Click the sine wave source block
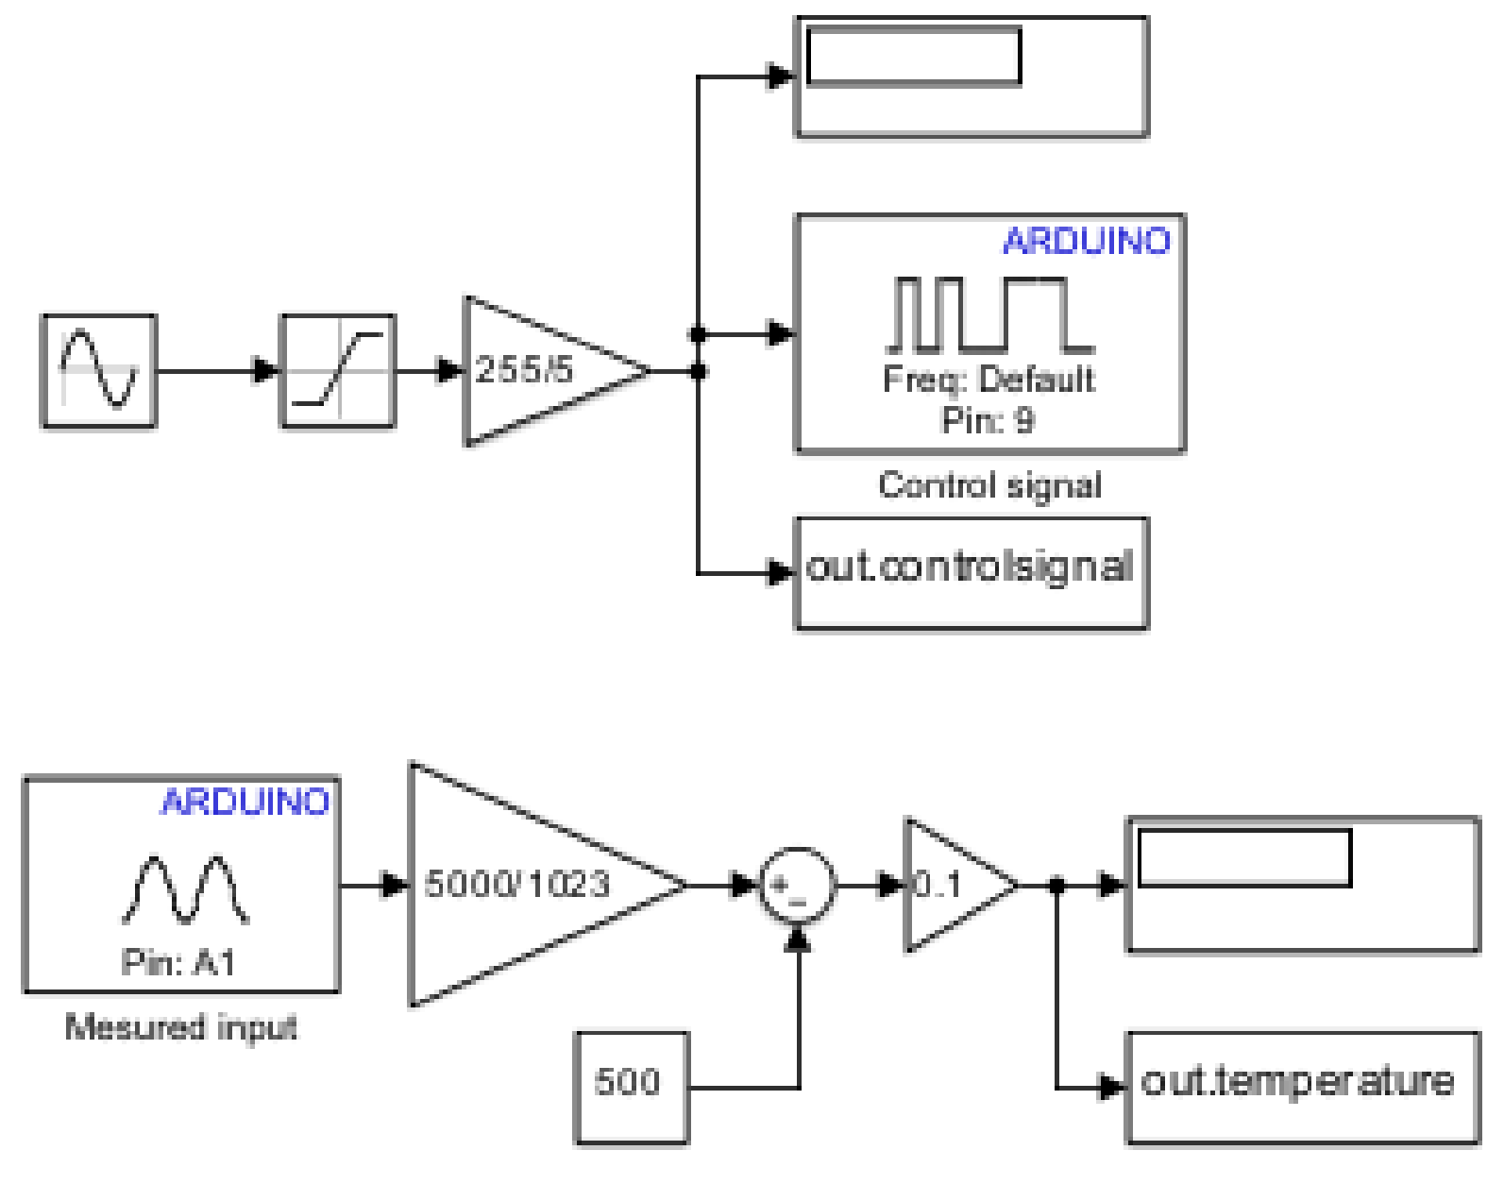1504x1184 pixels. coord(99,371)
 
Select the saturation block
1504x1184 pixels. coord(338,371)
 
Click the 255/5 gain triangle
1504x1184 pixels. coord(543,371)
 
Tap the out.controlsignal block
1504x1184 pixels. coord(972,572)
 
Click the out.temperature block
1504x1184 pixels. coord(1303,1088)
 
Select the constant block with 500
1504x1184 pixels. coord(632,1088)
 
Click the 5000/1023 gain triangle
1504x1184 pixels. coord(529,885)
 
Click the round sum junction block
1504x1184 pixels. coord(798,885)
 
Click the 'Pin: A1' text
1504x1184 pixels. coord(178,963)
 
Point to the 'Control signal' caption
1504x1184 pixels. coord(989,485)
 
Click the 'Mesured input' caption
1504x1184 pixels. coord(180,1026)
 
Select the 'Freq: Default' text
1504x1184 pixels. coord(989,380)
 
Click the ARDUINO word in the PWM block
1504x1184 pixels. coord(1086,242)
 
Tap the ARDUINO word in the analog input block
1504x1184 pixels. coord(245,803)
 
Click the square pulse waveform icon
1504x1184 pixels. coord(989,313)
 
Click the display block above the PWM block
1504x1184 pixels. coord(972,77)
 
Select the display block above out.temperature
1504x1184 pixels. coord(1303,885)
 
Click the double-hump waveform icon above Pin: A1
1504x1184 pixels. coord(186,889)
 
